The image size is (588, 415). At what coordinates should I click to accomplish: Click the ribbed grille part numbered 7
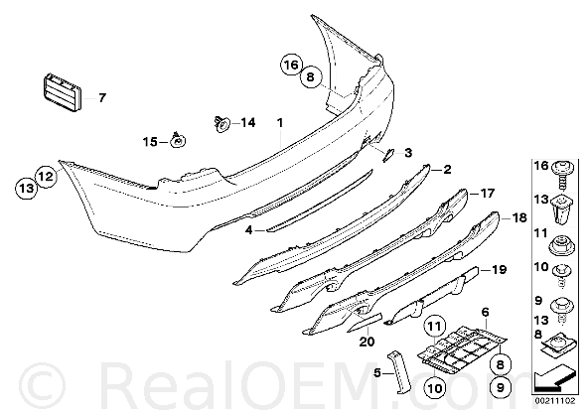(x=61, y=92)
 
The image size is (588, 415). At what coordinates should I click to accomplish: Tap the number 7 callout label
(x=102, y=98)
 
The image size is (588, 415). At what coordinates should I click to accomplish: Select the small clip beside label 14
(x=221, y=124)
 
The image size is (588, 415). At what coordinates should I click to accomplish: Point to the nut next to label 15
(x=178, y=140)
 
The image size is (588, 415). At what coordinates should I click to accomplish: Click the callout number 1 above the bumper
(x=280, y=122)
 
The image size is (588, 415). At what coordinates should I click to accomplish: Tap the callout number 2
(x=447, y=170)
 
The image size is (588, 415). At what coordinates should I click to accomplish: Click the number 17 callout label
(x=488, y=193)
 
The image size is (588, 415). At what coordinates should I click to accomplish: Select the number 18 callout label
(x=519, y=217)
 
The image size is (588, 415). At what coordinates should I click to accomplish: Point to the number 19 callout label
(x=500, y=269)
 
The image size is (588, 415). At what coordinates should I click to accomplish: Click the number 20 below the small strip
(x=367, y=342)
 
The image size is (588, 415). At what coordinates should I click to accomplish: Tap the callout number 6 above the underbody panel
(x=486, y=312)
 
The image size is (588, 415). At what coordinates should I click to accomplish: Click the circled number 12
(x=46, y=176)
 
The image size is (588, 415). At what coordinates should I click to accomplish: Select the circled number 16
(x=291, y=65)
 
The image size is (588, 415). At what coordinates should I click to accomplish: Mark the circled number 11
(x=434, y=328)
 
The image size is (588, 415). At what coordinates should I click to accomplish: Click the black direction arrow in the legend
(x=554, y=378)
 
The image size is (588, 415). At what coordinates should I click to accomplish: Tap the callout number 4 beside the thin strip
(x=248, y=229)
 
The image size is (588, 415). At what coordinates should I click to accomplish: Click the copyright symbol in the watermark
(x=42, y=385)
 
